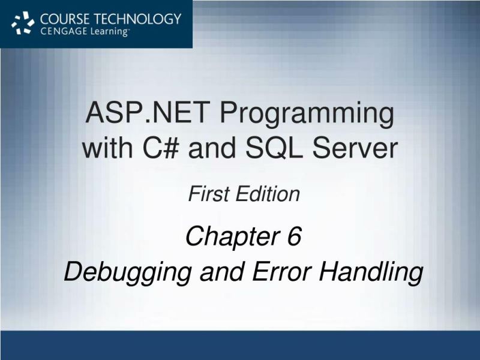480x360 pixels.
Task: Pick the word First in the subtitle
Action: pyautogui.click(x=208, y=194)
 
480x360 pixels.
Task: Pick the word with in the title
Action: pyautogui.click(x=106, y=148)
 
